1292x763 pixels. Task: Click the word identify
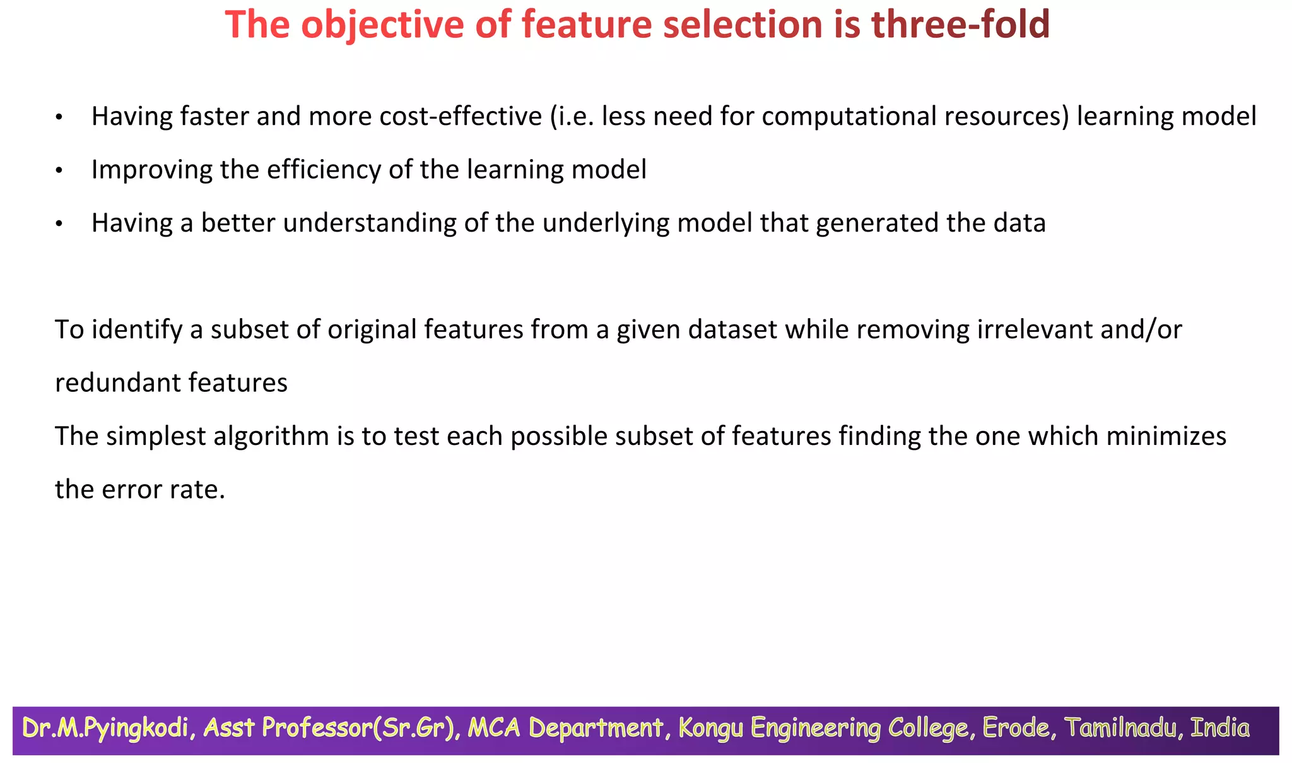point(137,330)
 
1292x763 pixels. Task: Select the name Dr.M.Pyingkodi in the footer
point(105,728)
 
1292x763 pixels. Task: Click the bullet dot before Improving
point(59,171)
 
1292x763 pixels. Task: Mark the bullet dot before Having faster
point(59,118)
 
